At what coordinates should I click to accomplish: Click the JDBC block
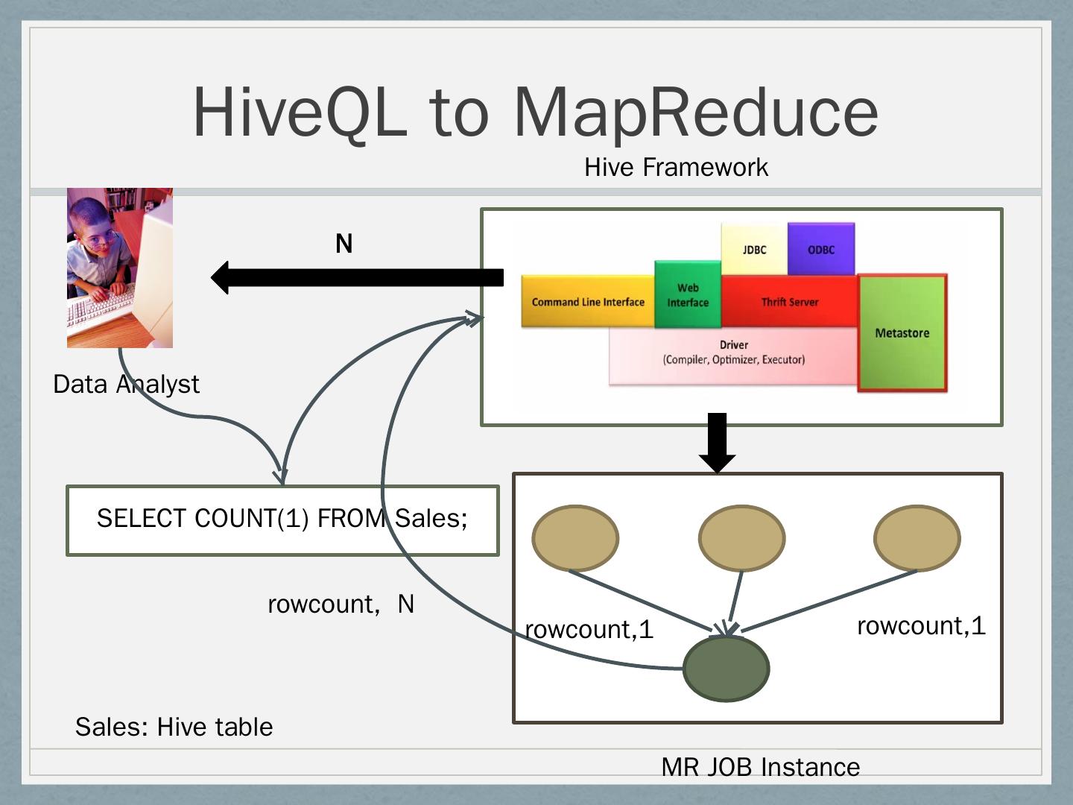754,250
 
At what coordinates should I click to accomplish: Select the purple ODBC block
821,250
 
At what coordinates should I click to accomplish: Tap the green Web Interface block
688,295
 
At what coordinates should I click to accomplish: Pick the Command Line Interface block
588,302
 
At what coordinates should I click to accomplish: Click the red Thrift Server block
789,302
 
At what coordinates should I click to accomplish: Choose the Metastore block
902,333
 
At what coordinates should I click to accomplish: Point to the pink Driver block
733,353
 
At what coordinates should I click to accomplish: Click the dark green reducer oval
726,668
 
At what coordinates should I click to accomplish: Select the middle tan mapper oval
741,537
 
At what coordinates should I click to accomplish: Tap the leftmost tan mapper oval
575,537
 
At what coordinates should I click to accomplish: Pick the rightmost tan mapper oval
917,537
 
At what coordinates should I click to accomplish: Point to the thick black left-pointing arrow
358,277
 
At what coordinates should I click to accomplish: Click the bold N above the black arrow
344,244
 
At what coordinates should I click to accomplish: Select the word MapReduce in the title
695,112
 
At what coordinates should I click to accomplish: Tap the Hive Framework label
676,167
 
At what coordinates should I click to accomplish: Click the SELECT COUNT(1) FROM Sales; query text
282,518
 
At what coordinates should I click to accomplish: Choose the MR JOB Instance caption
760,767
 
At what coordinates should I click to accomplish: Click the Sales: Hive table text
174,727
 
